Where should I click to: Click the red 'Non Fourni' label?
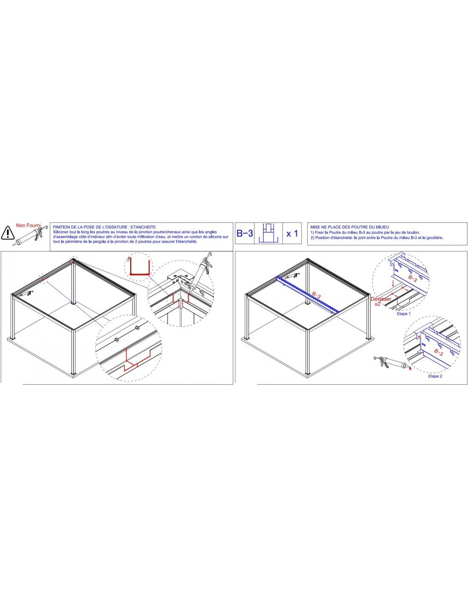[28, 225]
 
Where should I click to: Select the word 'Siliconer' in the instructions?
[61, 232]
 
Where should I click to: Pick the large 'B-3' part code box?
[245, 233]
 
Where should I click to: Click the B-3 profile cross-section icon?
[268, 233]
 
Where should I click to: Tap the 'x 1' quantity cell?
[292, 233]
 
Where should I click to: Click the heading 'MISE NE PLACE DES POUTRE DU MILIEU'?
[350, 227]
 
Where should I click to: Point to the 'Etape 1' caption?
[404, 314]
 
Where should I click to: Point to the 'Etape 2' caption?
[435, 376]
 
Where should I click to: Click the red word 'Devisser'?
[381, 299]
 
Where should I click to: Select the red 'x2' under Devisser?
[377, 304]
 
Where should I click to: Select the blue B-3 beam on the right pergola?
[307, 294]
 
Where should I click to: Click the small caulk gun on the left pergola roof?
[26, 294]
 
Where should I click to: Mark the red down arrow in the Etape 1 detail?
[393, 283]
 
